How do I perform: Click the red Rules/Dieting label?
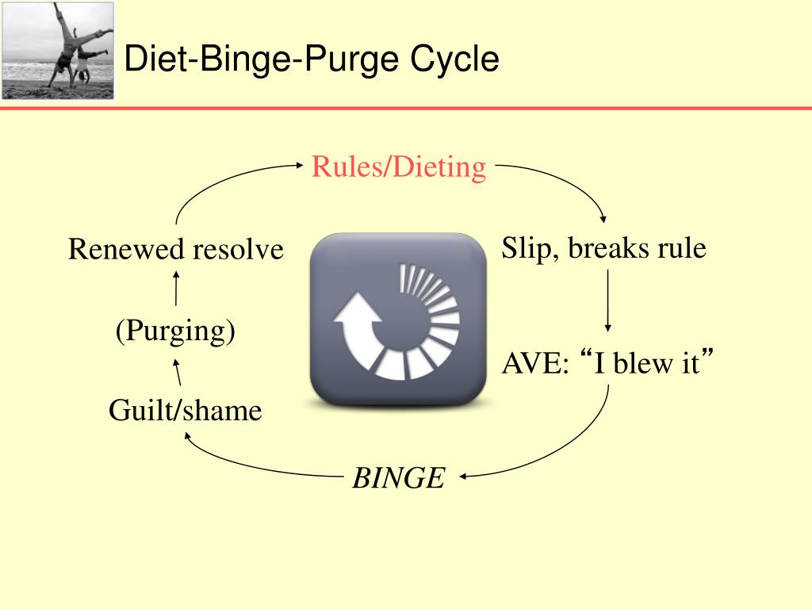point(398,167)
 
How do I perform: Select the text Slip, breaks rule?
point(603,248)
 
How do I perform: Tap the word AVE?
point(534,365)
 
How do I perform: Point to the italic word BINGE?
point(399,478)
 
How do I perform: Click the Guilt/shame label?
point(185,410)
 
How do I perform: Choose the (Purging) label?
point(175,331)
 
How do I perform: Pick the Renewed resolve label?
point(175,250)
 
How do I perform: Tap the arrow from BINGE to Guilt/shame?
point(246,464)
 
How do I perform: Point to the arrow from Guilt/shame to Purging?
point(178,372)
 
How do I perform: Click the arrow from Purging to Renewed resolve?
point(175,287)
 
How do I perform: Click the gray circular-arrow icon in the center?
point(397,319)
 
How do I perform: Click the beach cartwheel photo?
point(58,50)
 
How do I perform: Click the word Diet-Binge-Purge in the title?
point(263,59)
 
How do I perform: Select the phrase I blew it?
point(647,365)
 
